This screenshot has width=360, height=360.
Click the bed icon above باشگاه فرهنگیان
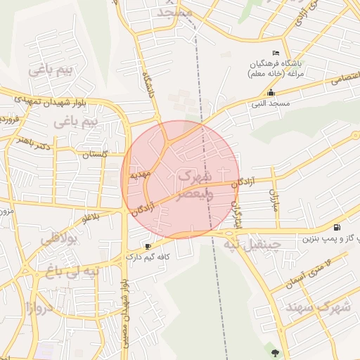click(x=276, y=53)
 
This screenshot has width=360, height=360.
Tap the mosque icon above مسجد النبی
click(x=271, y=93)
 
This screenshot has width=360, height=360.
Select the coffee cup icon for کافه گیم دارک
click(x=148, y=246)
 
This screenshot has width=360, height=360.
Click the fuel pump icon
click(x=338, y=227)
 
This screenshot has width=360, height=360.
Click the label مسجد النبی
click(x=271, y=103)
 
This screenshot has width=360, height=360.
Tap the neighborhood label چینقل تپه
click(x=252, y=245)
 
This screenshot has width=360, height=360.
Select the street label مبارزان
click(x=274, y=202)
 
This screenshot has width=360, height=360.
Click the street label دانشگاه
click(x=148, y=84)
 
